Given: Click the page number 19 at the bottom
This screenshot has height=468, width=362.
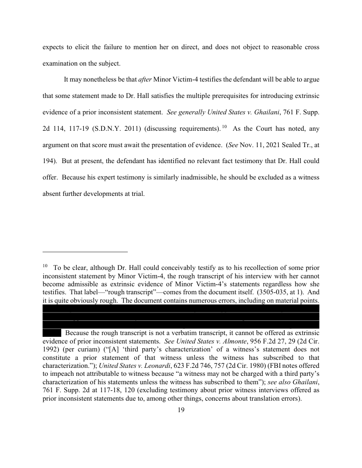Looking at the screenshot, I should (x=181, y=410).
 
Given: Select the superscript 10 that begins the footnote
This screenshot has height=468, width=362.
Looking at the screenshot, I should (x=45, y=266).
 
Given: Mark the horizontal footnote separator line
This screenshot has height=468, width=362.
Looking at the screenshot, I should (x=85, y=252).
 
